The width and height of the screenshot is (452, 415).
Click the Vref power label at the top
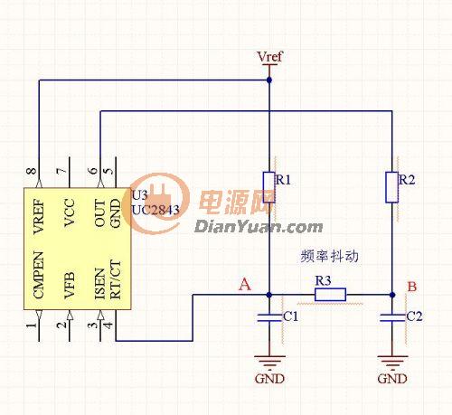coord(269,57)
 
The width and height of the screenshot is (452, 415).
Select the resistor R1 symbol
coord(269,187)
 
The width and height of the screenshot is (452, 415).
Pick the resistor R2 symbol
coord(392,187)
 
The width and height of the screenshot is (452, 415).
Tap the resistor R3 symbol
coord(330,295)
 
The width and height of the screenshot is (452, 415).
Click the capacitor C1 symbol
coord(269,318)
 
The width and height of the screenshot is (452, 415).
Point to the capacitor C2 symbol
coord(392,318)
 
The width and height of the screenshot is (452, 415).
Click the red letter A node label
coord(244,284)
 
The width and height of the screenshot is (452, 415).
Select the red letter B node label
coord(412,287)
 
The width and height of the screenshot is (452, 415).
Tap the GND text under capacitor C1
coord(269,379)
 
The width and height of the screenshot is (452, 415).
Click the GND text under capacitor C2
coord(392,379)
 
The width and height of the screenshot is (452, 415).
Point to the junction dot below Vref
coord(269,80)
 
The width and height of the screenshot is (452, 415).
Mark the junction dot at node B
coord(392,295)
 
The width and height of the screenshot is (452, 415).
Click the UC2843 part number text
coord(155,210)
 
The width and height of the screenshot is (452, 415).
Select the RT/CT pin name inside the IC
coord(116,279)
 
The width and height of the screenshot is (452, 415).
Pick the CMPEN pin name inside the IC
coord(39,275)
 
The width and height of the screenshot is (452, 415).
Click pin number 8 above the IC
coord(32,171)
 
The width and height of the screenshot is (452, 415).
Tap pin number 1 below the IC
coord(32,325)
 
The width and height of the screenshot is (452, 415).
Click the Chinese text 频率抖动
coord(330,256)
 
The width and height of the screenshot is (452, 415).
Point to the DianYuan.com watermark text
coord(259,227)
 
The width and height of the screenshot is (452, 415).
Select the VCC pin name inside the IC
coord(70,212)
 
